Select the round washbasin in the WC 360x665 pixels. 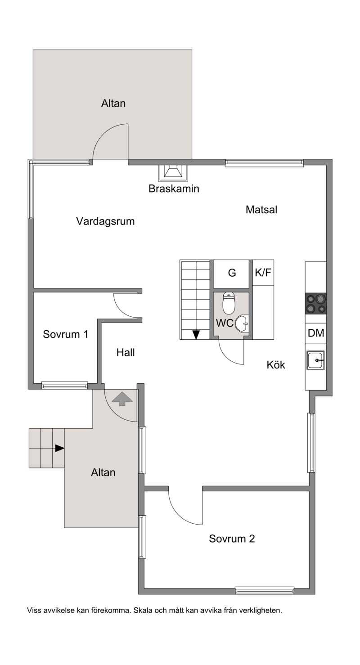point(242,324)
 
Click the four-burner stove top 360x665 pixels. point(316,303)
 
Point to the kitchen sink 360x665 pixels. point(316,360)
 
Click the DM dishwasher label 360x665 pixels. point(316,333)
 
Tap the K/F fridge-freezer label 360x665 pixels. point(263,272)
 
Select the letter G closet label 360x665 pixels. point(232,273)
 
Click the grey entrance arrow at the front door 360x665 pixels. point(122,399)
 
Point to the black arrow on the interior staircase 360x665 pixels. point(196,335)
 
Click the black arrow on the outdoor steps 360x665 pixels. point(60,448)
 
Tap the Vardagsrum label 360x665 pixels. point(105,221)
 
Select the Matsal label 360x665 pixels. point(261,210)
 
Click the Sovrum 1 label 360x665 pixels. point(66,334)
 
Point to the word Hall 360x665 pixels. point(126,352)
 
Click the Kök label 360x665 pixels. point(276,364)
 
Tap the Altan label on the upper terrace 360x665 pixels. point(113,103)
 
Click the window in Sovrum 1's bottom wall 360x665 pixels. point(65,385)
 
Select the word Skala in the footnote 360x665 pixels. point(143,611)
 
